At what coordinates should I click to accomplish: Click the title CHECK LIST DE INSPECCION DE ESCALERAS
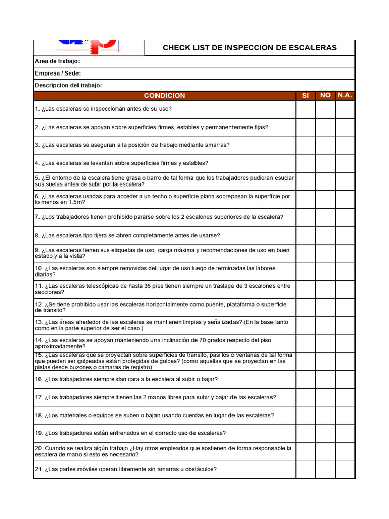coord(249,48)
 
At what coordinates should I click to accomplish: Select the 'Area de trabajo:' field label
coord(57,62)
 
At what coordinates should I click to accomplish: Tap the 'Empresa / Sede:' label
coord(58,73)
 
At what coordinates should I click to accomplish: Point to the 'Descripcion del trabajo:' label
coord(68,85)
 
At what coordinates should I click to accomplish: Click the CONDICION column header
coord(165,96)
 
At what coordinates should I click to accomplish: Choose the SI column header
coord(305,96)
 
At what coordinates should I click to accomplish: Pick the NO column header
coord(325,95)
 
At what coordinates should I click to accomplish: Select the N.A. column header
coord(345,95)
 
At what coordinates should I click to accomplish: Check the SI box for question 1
coord(305,109)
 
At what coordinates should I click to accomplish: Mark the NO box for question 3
coord(325,145)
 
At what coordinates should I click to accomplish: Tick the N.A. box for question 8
coord(345,236)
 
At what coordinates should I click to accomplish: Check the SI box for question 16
coord(305,379)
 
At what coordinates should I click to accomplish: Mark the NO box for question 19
coord(325,433)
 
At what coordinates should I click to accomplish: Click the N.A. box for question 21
coord(345,469)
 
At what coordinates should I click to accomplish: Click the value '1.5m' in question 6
coord(74,202)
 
